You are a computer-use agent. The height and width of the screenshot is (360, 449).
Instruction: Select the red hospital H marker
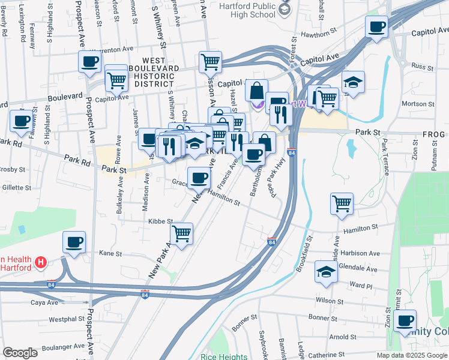point(40,262)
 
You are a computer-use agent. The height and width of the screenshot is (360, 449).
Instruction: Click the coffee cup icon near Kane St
point(74,242)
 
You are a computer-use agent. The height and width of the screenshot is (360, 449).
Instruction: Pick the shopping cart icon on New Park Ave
point(181,233)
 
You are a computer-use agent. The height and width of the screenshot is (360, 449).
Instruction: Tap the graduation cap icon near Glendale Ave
point(326,271)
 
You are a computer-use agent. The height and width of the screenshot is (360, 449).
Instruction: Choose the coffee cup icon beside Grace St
point(199,177)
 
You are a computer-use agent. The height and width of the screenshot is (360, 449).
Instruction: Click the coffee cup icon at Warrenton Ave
point(89,62)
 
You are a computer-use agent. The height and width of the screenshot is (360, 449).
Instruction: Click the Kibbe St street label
point(160,221)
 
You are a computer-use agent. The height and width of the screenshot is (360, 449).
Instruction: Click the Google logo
point(20,353)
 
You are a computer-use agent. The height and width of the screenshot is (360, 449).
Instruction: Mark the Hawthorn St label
point(317,34)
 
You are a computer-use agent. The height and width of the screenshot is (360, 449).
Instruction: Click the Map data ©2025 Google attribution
point(412,355)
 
